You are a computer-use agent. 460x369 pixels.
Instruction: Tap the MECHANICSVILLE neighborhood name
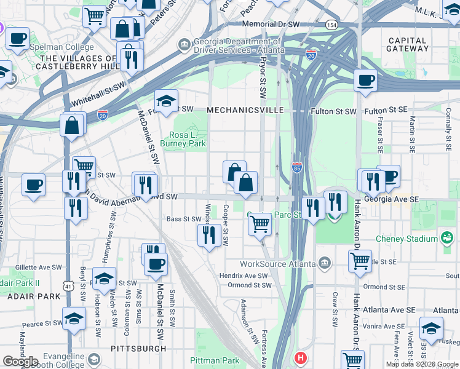245,110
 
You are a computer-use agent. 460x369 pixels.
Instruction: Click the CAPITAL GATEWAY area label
408,45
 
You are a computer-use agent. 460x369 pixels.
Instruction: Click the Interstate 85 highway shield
296,167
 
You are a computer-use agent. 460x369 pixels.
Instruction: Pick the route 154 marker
332,25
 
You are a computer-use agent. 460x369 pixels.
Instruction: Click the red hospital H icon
300,357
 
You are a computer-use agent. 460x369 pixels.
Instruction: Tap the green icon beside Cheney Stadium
446,237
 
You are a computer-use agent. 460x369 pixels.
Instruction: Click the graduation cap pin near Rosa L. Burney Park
165,100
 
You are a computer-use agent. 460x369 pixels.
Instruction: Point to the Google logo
20,362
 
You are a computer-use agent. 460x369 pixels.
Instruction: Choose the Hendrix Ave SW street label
244,276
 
